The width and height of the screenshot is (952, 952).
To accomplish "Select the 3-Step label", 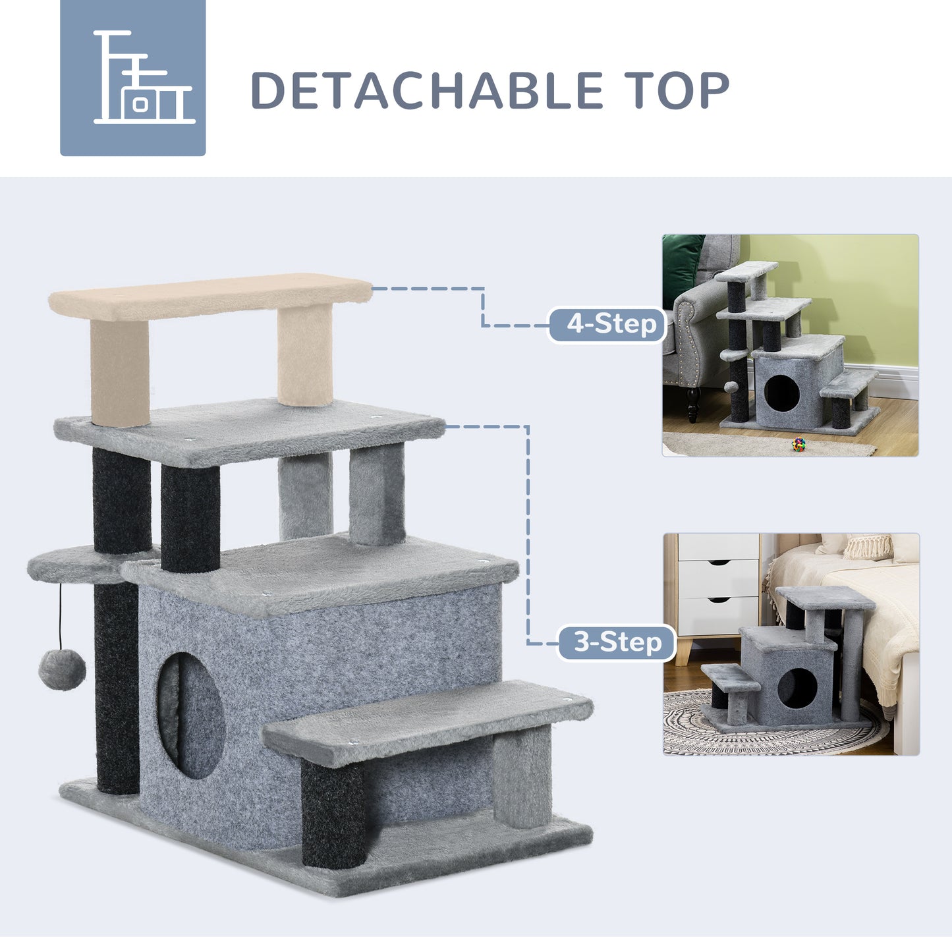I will [617, 642].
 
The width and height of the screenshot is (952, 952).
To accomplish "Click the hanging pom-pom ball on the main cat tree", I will [62, 669].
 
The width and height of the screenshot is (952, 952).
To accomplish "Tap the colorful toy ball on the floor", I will [798, 444].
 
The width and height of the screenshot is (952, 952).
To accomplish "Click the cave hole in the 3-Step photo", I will [797, 688].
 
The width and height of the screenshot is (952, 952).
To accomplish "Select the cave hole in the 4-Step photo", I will [781, 394].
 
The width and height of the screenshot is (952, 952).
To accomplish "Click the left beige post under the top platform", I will [119, 372].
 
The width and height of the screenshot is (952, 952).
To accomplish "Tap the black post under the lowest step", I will [333, 814].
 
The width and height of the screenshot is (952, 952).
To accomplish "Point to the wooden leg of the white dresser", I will [685, 652].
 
